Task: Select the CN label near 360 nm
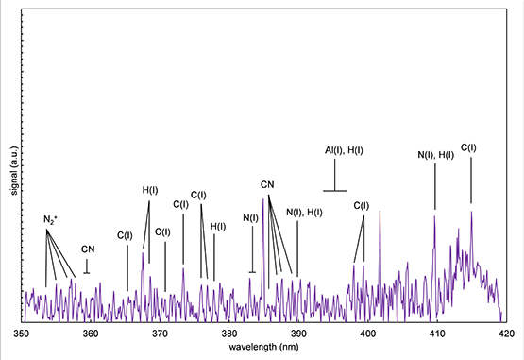point(87,249)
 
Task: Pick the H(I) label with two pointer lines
point(150,190)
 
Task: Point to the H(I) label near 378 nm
point(217,226)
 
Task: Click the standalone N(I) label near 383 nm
point(251,218)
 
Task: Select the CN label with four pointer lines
point(267,183)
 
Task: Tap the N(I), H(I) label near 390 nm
point(304,212)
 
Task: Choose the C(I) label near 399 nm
point(362,205)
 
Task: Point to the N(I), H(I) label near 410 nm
point(435,155)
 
